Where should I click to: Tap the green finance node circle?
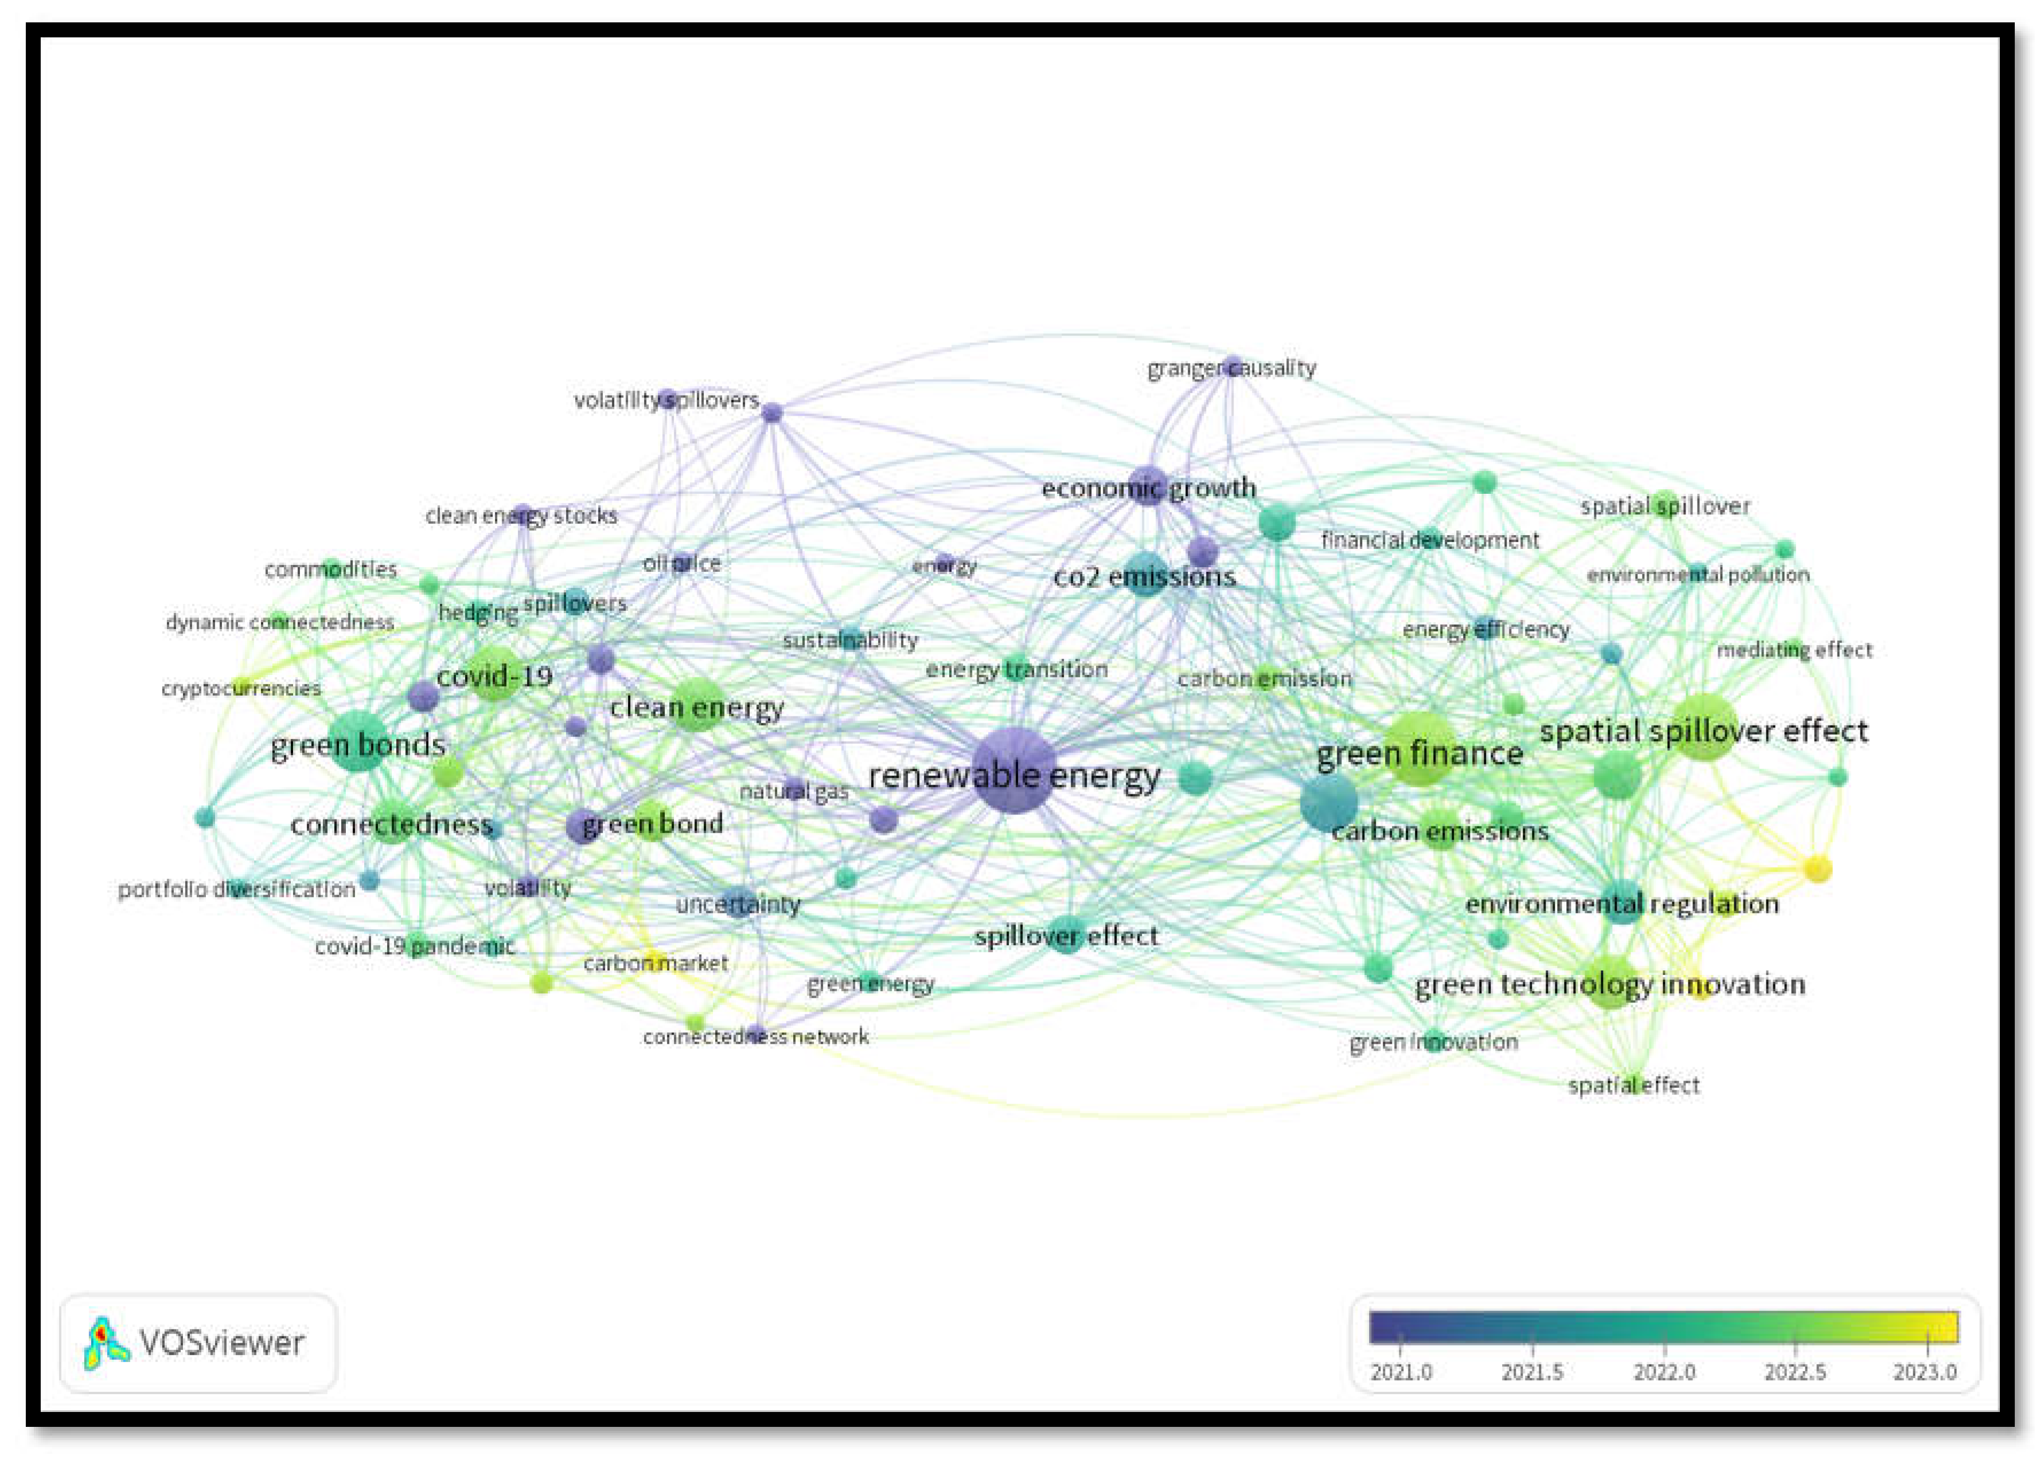click(1419, 749)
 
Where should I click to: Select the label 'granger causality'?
click(1231, 368)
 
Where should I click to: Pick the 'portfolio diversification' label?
click(237, 890)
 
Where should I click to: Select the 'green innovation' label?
click(1434, 1042)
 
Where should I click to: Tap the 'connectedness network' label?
click(755, 1037)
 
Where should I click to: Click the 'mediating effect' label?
click(1794, 650)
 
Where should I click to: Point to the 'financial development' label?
click(1430, 540)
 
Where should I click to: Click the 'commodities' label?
click(330, 569)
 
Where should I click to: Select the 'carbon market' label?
click(656, 963)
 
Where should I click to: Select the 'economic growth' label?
click(1148, 489)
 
